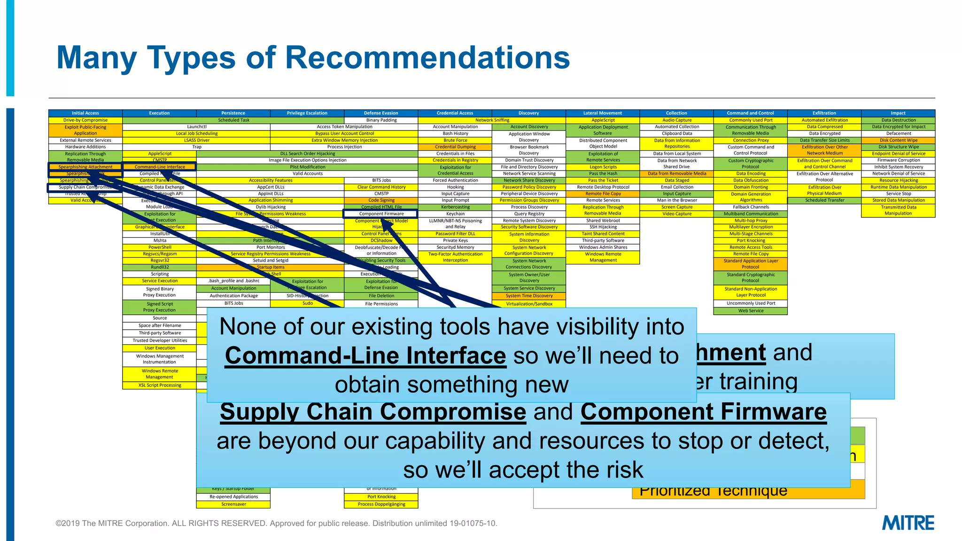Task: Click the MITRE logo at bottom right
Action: (x=908, y=523)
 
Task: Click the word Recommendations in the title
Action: (x=427, y=58)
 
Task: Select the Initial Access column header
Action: (x=85, y=113)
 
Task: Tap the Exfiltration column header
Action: (x=824, y=113)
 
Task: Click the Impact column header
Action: (x=898, y=113)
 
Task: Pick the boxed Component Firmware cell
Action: (x=381, y=214)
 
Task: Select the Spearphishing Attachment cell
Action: (x=85, y=167)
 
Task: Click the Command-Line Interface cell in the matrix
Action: (x=160, y=167)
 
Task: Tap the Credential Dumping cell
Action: (x=455, y=147)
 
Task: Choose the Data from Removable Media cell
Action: (x=677, y=174)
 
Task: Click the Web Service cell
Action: (x=751, y=311)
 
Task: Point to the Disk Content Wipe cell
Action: (x=898, y=140)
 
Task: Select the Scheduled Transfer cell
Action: (x=824, y=201)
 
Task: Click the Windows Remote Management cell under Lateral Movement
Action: (x=603, y=257)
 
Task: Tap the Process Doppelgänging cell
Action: (x=381, y=504)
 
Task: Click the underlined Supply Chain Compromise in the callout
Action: (x=372, y=412)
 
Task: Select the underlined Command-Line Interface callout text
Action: (x=365, y=356)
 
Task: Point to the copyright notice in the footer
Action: (x=276, y=523)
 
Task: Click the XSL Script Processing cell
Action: (x=160, y=386)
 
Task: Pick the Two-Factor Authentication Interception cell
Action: (x=455, y=257)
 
